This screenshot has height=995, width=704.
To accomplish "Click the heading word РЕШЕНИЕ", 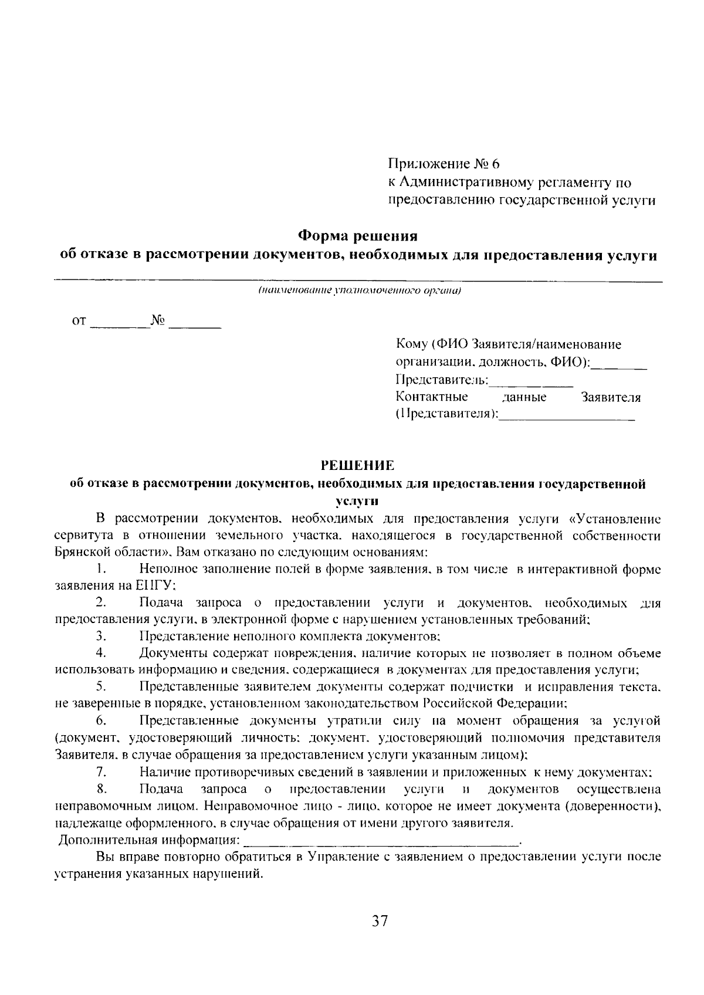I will [x=358, y=466].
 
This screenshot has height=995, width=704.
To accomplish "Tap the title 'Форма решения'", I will [x=358, y=236].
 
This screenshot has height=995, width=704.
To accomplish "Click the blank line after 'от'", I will [x=120, y=324].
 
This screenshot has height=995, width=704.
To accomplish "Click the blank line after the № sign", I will [x=195, y=324].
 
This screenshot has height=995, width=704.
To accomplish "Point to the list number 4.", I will [x=101, y=653].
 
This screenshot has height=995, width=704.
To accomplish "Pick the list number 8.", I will [x=101, y=789].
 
